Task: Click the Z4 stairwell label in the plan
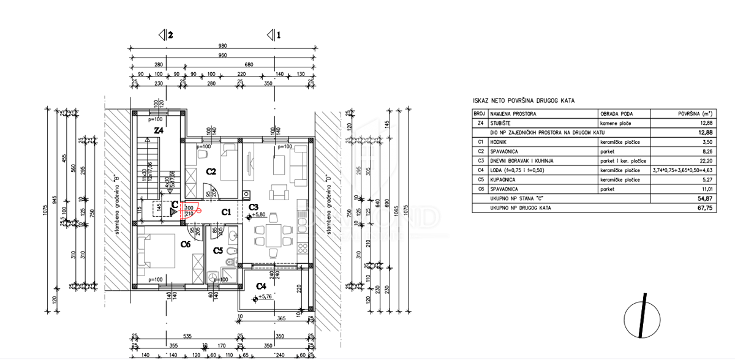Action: [x=159, y=130]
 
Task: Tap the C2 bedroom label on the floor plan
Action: [x=211, y=171]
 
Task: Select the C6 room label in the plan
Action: [x=186, y=244]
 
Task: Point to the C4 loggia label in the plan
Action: [x=260, y=286]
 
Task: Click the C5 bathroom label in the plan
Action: [x=218, y=250]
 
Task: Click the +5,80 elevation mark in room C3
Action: [x=259, y=215]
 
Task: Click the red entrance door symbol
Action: [x=190, y=210]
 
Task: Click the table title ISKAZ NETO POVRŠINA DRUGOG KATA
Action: [x=524, y=100]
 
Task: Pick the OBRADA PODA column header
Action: [x=616, y=114]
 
